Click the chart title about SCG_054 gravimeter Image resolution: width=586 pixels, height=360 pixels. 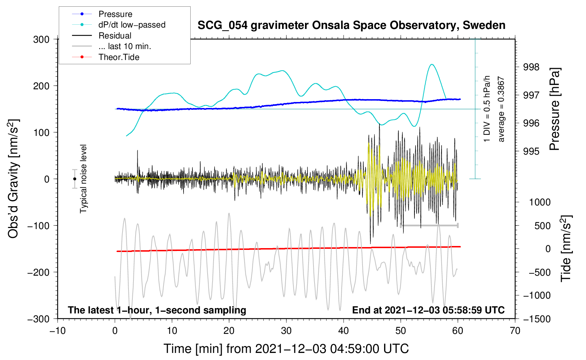(351, 25)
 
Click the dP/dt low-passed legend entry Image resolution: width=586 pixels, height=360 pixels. (119, 25)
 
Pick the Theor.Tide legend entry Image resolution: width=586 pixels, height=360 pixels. (106, 57)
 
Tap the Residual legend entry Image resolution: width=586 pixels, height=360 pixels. (102, 36)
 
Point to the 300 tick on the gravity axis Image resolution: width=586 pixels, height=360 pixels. (41, 40)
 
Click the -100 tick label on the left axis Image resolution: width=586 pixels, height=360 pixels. (38, 226)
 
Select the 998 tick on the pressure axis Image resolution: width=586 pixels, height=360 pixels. (531, 67)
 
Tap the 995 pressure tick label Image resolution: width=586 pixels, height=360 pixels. (531, 151)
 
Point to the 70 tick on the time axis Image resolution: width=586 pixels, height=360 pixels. (515, 331)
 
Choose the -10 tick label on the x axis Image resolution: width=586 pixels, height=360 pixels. (58, 331)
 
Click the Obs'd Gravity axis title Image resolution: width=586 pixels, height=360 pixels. (13, 179)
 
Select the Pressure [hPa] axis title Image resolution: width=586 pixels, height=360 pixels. (555, 109)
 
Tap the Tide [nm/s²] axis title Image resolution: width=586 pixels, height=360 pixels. (566, 248)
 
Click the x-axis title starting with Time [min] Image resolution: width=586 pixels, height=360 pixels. (286, 349)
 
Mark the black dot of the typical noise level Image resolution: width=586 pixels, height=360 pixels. (75, 179)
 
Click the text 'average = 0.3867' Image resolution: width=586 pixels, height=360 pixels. (501, 109)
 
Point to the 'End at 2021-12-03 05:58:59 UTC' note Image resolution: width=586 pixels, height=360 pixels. (428, 310)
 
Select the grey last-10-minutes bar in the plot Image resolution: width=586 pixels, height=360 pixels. (429, 225)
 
